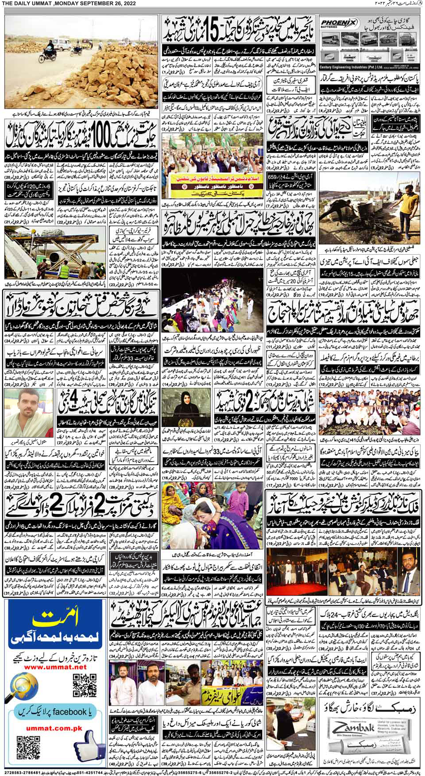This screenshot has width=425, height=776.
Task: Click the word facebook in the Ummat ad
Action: coord(69,712)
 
